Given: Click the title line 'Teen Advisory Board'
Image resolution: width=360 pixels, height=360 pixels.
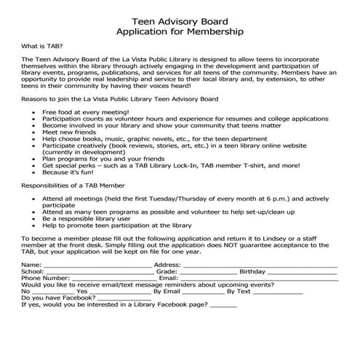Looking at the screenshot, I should click(180, 21).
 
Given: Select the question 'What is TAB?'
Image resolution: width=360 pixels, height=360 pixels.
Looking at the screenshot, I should click(41, 46).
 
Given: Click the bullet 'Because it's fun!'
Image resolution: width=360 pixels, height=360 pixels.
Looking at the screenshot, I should click(71, 174).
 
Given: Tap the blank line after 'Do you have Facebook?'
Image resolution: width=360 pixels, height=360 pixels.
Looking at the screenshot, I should click(124, 298).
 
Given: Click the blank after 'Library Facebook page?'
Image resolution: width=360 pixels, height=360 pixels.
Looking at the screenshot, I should click(223, 305).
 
